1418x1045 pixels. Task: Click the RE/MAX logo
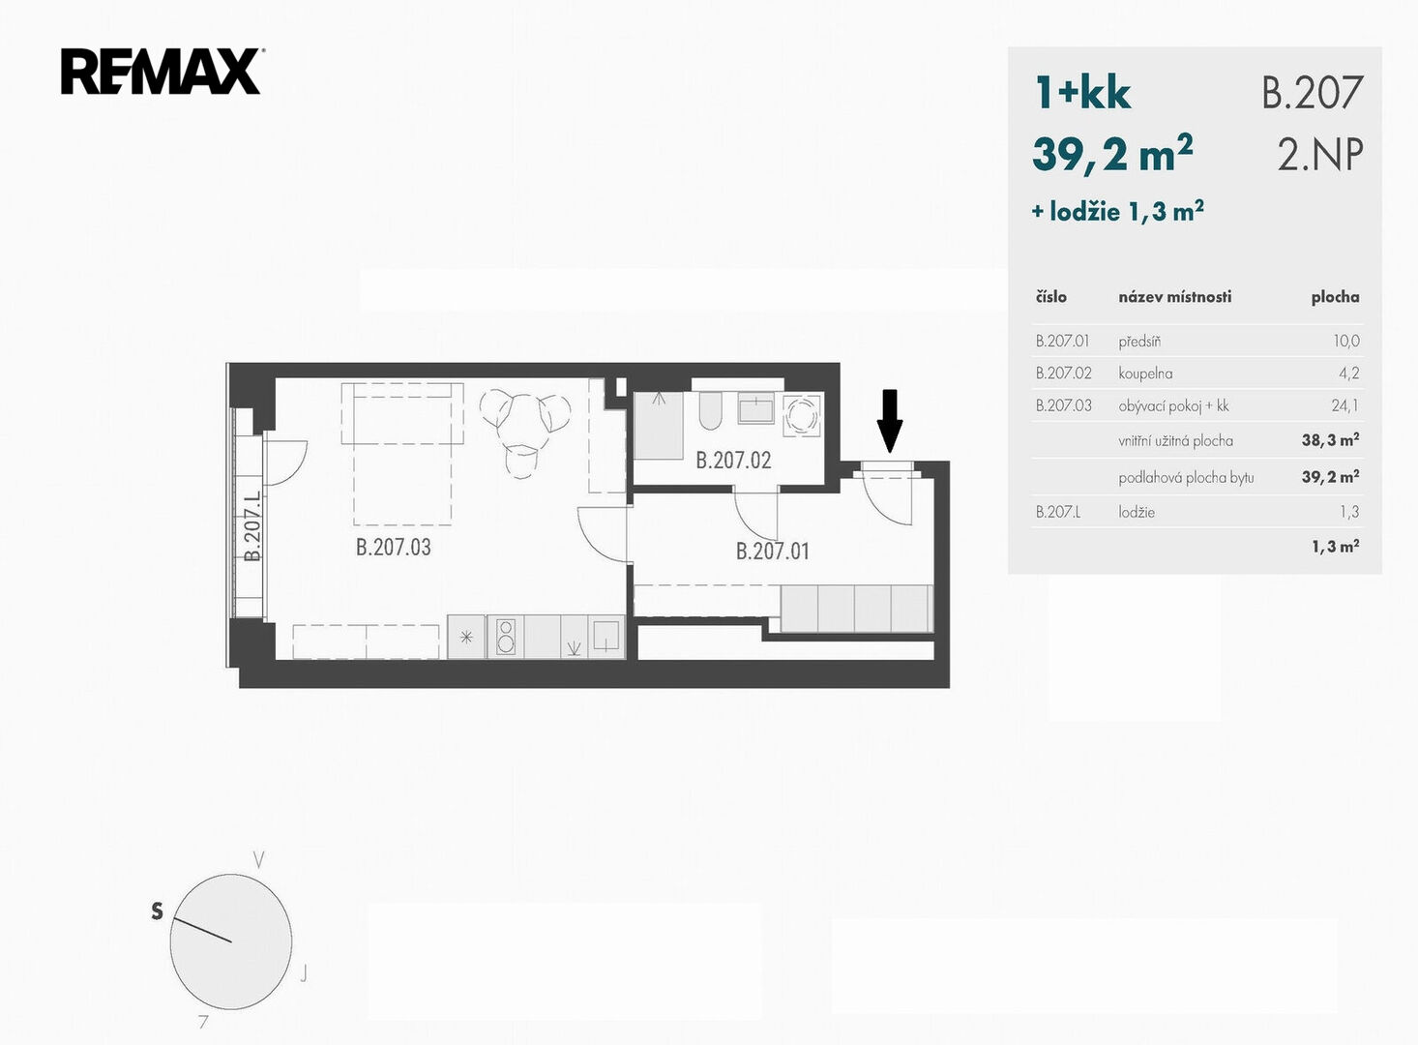click(x=162, y=72)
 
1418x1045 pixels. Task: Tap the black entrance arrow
click(x=890, y=421)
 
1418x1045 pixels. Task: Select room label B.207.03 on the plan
click(x=393, y=548)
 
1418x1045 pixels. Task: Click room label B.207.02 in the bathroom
click(x=734, y=461)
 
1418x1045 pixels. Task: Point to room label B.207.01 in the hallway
click(x=772, y=551)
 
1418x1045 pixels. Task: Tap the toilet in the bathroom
click(x=710, y=411)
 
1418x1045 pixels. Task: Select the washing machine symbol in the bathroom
click(x=803, y=415)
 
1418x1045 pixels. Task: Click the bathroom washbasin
click(x=755, y=408)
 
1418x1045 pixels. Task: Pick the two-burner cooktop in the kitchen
click(x=505, y=637)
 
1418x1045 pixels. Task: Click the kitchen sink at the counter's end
click(x=606, y=636)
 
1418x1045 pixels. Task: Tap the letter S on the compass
click(x=157, y=911)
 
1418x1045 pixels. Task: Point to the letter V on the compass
click(x=259, y=860)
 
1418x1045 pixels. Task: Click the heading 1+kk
click(x=1081, y=93)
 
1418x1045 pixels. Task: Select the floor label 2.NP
click(x=1320, y=155)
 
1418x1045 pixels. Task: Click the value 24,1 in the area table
click(x=1345, y=405)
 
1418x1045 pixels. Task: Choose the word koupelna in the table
click(x=1146, y=373)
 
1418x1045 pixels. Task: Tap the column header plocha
click(x=1335, y=296)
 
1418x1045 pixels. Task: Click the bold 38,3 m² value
click(x=1331, y=440)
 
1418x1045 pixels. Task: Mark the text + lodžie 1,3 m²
click(x=1118, y=211)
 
